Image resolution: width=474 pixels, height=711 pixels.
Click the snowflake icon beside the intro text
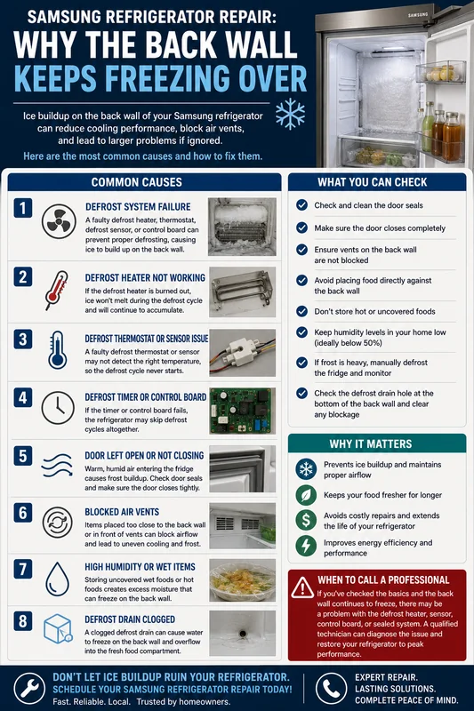point(290,114)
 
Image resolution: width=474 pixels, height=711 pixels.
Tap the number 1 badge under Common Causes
point(23,208)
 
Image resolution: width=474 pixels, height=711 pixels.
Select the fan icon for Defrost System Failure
point(59,221)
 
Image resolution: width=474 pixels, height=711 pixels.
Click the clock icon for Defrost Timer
point(58,408)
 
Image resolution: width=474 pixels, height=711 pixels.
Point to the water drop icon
point(58,579)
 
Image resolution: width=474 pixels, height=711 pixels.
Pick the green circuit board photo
point(242,411)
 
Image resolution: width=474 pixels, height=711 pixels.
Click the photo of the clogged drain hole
point(242,633)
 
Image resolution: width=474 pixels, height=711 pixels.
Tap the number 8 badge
point(23,620)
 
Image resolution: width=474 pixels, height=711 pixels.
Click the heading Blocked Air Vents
point(122,512)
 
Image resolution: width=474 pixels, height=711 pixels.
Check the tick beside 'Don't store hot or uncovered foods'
point(302,311)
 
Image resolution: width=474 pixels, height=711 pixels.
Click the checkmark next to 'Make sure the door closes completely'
point(302,228)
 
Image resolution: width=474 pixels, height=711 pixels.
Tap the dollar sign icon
point(306,520)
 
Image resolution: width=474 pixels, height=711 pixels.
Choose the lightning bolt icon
point(306,546)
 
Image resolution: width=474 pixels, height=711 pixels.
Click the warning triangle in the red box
point(302,588)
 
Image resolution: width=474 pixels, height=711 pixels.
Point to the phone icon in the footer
point(331,688)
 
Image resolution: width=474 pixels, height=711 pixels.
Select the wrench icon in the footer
point(29,688)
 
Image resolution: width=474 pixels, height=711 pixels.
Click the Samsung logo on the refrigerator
point(418,15)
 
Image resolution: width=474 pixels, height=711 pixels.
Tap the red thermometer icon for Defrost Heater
point(57,291)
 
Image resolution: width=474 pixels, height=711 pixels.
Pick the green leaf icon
point(306,495)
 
